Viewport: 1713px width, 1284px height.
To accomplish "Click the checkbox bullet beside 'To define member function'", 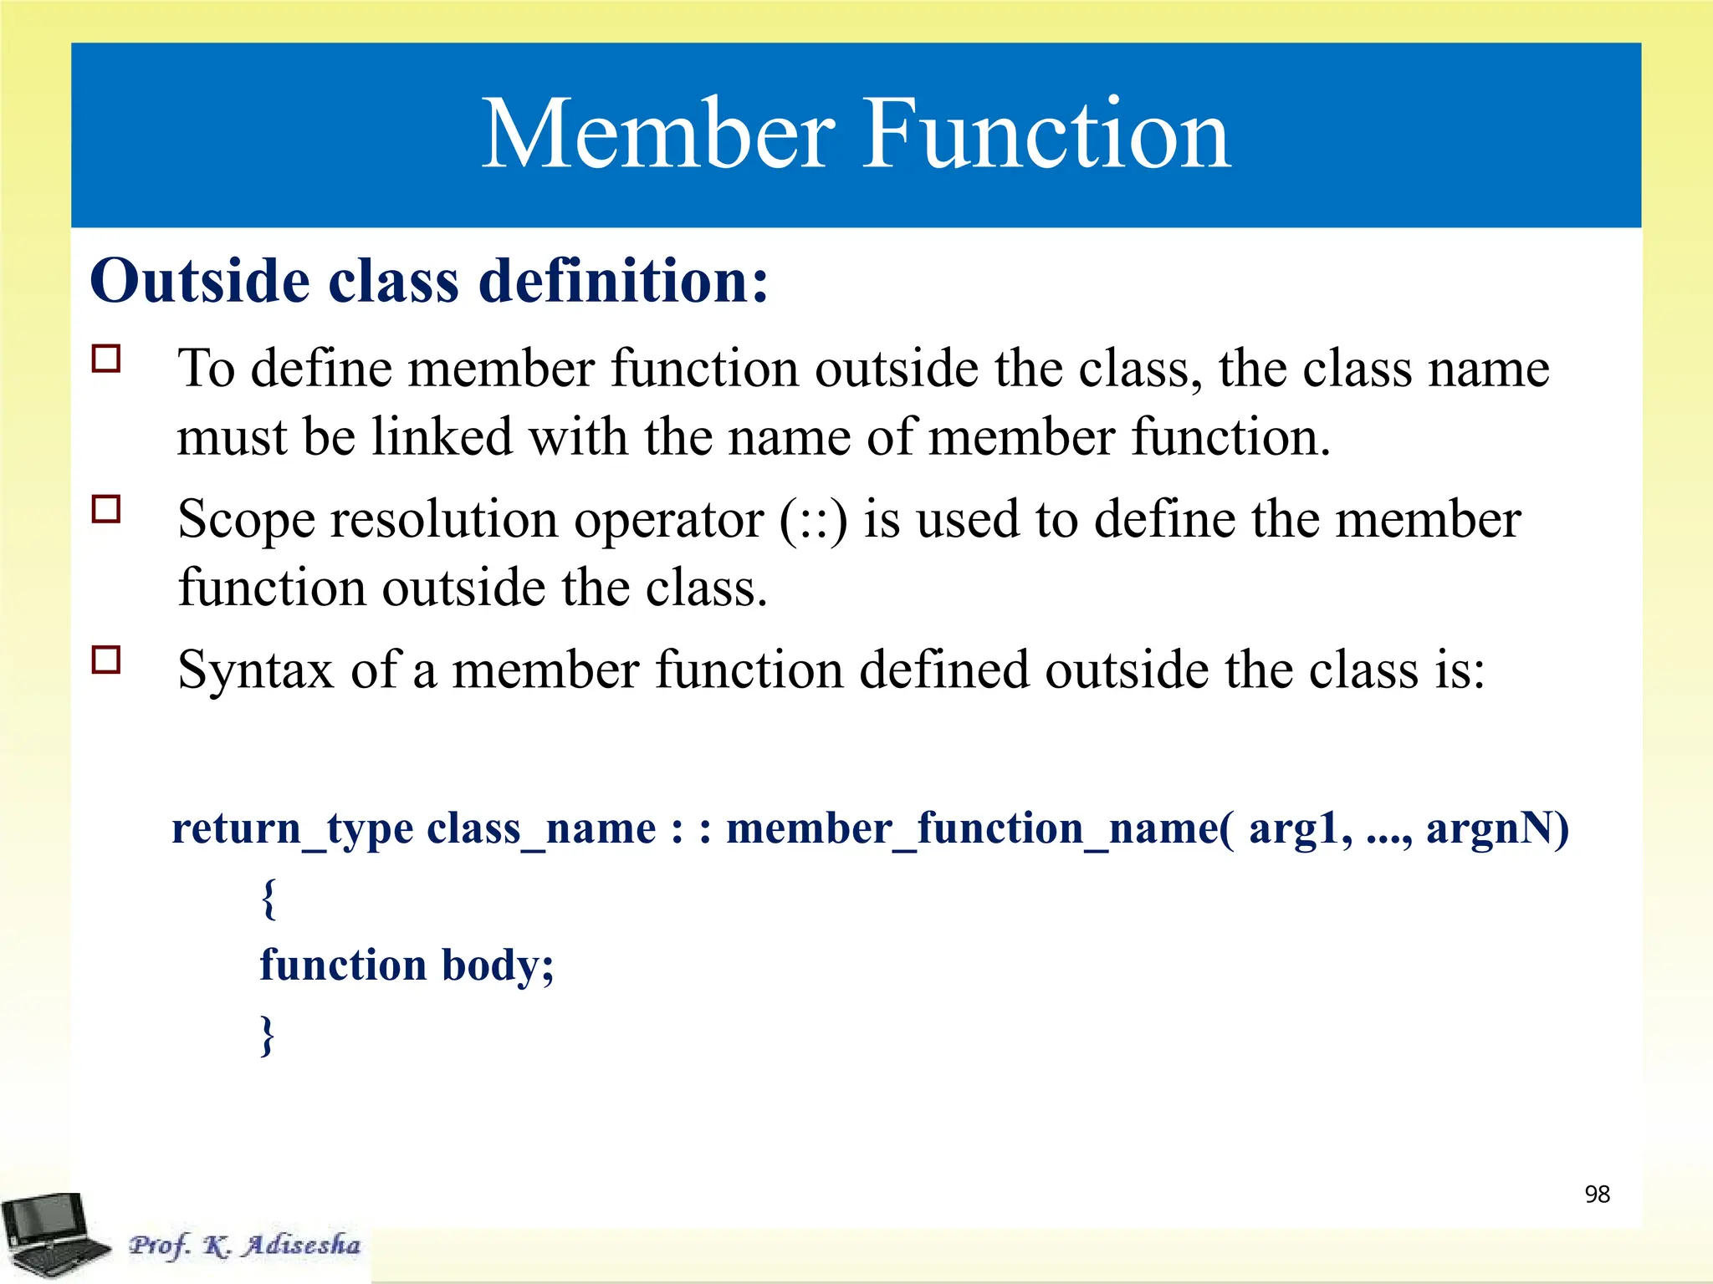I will point(106,359).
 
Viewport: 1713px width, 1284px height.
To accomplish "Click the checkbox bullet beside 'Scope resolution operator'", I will point(106,509).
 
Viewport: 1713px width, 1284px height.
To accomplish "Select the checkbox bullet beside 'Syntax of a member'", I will point(106,660).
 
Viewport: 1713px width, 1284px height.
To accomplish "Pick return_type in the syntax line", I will point(292,829).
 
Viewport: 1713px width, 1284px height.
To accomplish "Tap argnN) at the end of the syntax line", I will point(1497,829).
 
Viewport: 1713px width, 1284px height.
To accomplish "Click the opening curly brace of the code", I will point(268,899).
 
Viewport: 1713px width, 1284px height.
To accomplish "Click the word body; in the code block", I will point(497,966).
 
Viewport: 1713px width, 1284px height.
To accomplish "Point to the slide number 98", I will point(1597,1195).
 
